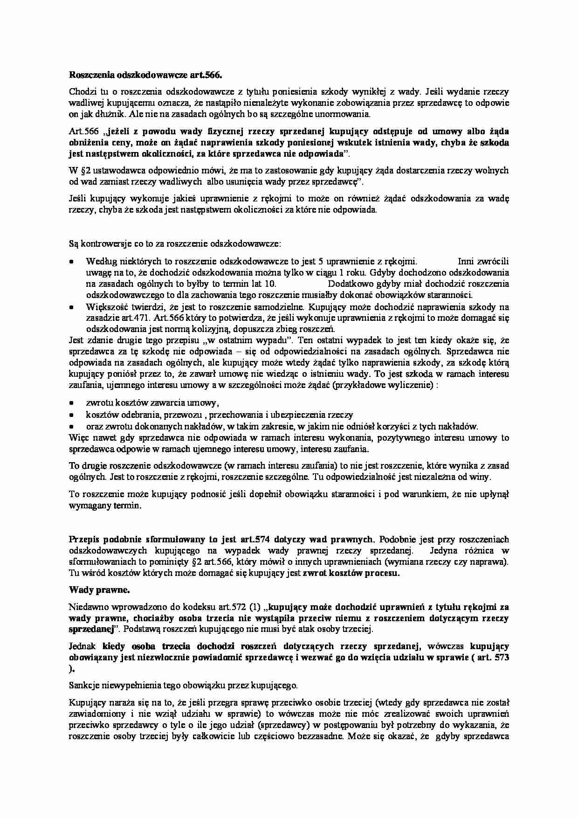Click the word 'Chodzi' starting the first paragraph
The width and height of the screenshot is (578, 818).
coord(81,91)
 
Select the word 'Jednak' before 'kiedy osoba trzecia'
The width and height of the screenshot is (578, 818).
coord(82,646)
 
